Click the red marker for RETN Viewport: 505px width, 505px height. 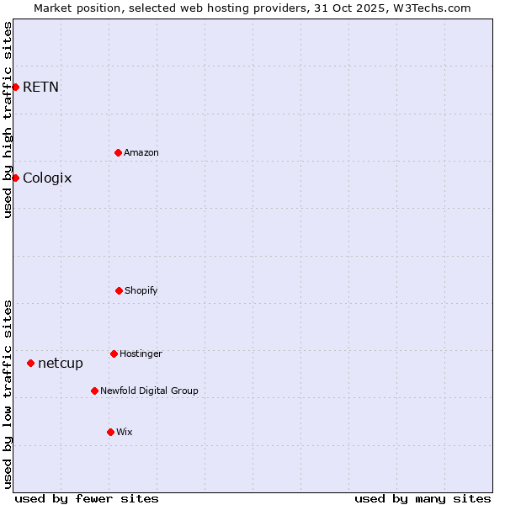[15, 87]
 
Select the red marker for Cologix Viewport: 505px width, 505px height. [15, 178]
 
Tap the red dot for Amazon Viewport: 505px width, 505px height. [118, 152]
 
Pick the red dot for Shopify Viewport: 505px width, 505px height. [119, 290]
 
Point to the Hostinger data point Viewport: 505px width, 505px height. [114, 353]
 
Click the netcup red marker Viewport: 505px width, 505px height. [30, 363]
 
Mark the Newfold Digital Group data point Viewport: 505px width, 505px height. [94, 391]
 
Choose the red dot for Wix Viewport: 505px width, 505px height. [110, 432]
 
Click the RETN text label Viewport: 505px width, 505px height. [40, 87]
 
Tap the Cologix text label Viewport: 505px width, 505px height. [47, 178]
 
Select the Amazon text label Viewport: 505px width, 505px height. [141, 152]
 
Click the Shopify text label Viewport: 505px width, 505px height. [141, 290]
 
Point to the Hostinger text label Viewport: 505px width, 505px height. [141, 353]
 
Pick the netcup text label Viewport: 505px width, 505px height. [61, 363]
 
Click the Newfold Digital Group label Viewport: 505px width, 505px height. [149, 391]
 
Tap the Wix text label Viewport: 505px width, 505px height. [125, 432]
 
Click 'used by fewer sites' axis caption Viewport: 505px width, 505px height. [87, 498]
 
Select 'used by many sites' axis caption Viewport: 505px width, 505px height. [423, 498]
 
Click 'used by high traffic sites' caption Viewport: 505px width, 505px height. [8, 120]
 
